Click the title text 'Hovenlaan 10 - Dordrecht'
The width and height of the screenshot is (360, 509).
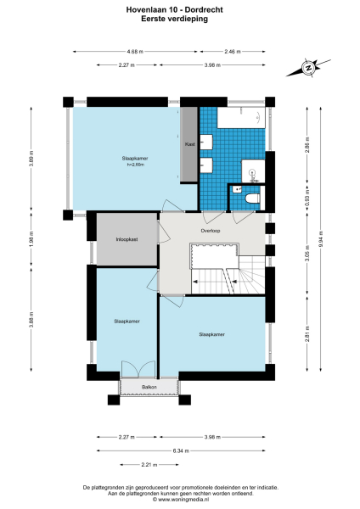pos(180,8)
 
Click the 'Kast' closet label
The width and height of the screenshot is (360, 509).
pos(190,145)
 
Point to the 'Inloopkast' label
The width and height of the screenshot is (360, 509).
pos(127,240)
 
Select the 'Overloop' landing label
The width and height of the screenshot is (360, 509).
pos(211,231)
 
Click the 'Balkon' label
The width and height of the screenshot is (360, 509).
pos(149,387)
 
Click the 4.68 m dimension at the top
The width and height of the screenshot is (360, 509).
pos(135,51)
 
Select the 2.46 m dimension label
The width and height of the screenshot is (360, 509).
pos(232,51)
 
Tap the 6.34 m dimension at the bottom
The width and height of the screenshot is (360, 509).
pos(181,450)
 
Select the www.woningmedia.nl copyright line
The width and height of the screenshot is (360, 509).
pos(180,501)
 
